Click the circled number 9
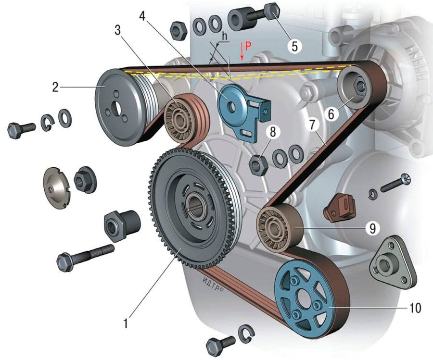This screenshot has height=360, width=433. click(371, 228)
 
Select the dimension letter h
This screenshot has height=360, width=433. click(224, 35)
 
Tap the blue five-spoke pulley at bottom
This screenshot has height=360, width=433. click(303, 298)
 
